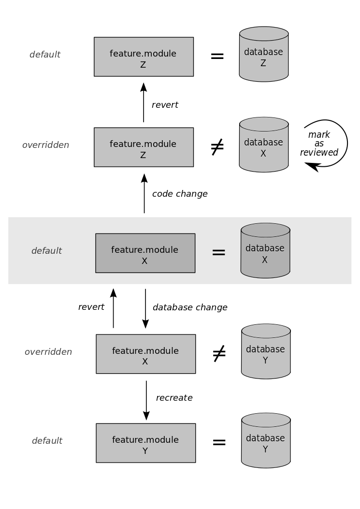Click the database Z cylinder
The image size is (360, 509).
tap(263, 54)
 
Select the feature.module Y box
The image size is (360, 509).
tap(146, 443)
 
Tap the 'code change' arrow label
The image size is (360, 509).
tap(180, 194)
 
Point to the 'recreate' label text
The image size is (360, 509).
tap(174, 398)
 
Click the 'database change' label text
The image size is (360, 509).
tap(190, 307)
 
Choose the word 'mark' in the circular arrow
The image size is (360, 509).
tap(319, 134)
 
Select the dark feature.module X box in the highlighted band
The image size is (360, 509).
tap(145, 253)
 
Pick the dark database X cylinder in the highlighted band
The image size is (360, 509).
tap(265, 250)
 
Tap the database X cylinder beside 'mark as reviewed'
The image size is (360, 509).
tap(263, 145)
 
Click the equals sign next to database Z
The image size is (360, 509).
tap(217, 56)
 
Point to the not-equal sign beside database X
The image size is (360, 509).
tap(217, 147)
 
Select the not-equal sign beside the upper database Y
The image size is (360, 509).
tap(219, 353)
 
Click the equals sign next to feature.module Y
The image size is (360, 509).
tap(219, 442)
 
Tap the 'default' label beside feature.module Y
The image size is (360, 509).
tap(47, 440)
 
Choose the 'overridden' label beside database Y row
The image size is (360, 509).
tap(48, 351)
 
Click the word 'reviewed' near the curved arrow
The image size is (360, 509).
tap(319, 152)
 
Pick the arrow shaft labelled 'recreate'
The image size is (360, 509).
tap(146, 400)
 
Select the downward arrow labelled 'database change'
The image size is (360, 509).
tap(145, 308)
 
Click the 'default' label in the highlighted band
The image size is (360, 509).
tap(47, 250)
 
